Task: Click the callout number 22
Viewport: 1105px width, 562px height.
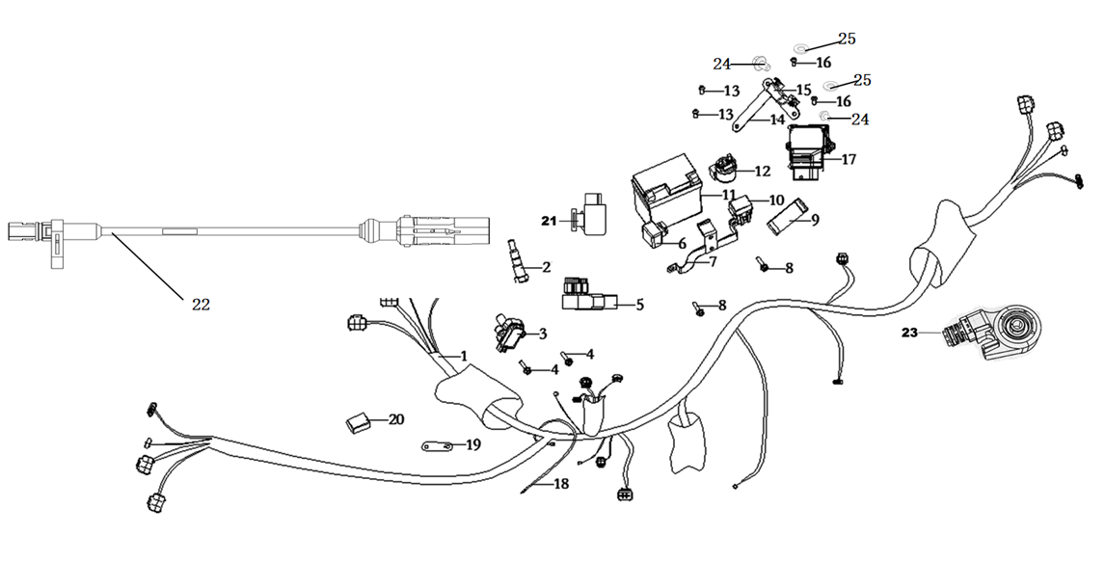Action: [201, 305]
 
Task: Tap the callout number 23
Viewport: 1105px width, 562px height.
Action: [910, 333]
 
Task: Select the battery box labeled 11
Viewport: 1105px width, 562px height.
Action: [666, 190]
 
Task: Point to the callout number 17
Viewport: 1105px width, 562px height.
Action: [849, 159]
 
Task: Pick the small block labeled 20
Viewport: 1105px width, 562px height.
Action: [358, 422]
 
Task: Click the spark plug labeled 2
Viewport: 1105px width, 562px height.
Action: [518, 262]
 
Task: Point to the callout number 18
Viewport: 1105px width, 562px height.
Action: [561, 484]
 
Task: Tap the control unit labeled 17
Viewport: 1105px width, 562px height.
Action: [809, 151]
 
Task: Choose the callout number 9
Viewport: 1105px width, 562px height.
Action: [815, 219]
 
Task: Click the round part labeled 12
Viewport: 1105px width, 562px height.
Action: [722, 172]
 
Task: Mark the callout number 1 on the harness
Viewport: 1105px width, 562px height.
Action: [463, 357]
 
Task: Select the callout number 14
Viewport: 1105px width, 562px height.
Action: [776, 120]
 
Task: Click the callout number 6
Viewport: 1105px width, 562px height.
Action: [682, 244]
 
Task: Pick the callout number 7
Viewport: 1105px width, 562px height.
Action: [714, 262]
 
